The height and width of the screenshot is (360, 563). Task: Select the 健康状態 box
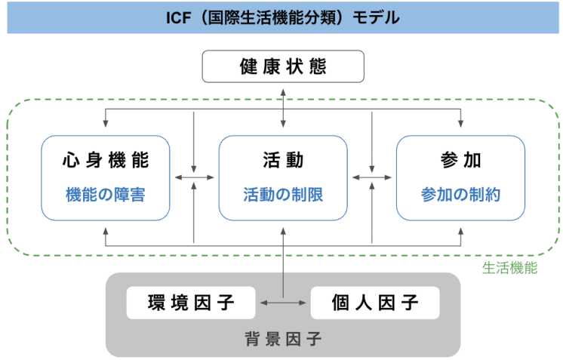click(282, 66)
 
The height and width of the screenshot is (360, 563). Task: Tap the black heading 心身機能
click(105, 160)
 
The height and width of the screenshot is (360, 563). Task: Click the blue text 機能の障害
click(105, 195)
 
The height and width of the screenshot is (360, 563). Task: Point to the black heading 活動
click(282, 160)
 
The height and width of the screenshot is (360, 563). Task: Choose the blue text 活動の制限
click(282, 195)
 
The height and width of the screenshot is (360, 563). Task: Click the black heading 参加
click(460, 160)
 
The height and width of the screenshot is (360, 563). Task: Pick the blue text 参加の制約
click(460, 195)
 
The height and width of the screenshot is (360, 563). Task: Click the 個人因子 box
click(375, 303)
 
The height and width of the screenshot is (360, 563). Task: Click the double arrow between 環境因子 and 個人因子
click(283, 303)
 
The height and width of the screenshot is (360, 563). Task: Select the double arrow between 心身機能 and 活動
click(194, 178)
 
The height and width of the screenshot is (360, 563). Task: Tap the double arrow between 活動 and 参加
click(372, 178)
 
